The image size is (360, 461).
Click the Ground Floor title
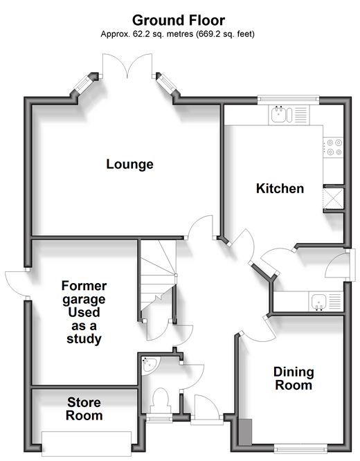click(x=179, y=21)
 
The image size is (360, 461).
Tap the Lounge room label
click(x=129, y=164)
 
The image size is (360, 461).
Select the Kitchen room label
click(x=280, y=188)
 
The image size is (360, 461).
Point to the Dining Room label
click(x=294, y=379)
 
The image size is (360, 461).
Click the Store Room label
click(x=84, y=408)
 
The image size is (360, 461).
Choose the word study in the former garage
click(x=84, y=338)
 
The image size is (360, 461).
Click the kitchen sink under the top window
click(x=289, y=114)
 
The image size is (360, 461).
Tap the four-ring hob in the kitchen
click(x=333, y=147)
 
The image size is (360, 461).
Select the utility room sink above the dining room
click(x=326, y=301)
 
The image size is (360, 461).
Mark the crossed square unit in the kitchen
click(x=333, y=199)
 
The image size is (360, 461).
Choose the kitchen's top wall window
click(x=288, y=100)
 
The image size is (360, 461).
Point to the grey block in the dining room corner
click(x=245, y=432)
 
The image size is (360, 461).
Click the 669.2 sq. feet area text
click(x=224, y=34)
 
